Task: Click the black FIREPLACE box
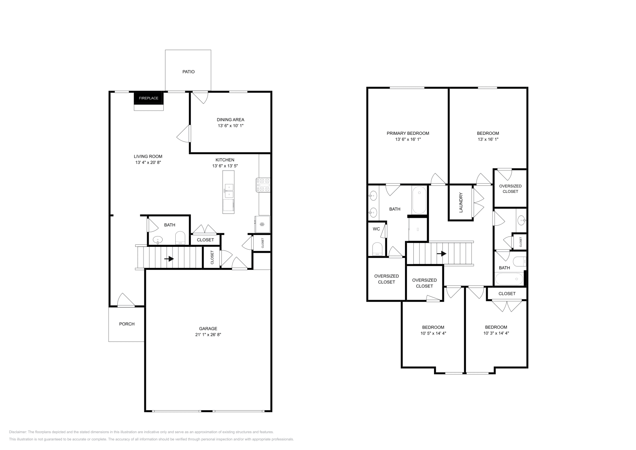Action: coord(149,98)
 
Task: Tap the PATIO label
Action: coord(188,72)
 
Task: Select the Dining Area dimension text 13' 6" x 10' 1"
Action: coord(230,126)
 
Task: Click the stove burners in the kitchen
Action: coord(264,185)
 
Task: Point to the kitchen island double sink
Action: coord(229,191)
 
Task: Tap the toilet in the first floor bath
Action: coord(180,238)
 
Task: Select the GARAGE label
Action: coord(208,328)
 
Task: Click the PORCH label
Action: coord(127,324)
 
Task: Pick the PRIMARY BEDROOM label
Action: coord(408,133)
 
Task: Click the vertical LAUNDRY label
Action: coord(461,202)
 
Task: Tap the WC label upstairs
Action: coord(376,229)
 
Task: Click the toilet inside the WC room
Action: coord(377,249)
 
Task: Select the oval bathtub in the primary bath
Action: coord(419,200)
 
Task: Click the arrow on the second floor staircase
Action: coord(441,254)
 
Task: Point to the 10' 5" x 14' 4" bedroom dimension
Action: coord(433,334)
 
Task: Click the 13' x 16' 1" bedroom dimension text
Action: coord(488,140)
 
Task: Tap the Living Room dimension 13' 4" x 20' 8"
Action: coord(148,163)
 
